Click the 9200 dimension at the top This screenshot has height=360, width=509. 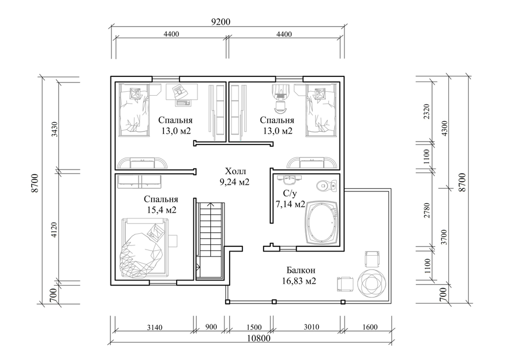[220, 22]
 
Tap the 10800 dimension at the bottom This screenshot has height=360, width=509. [259, 338]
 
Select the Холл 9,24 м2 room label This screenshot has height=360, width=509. [235, 176]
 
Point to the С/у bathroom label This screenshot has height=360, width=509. [290, 194]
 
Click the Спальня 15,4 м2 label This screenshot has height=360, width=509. [161, 204]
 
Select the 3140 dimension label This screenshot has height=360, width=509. [155, 327]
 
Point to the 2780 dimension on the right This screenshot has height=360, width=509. [427, 210]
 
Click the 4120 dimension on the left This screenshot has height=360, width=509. [54, 229]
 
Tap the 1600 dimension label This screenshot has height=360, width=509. [370, 327]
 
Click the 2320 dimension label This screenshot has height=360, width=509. [427, 112]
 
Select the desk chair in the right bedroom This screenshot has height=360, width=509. [280, 105]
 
